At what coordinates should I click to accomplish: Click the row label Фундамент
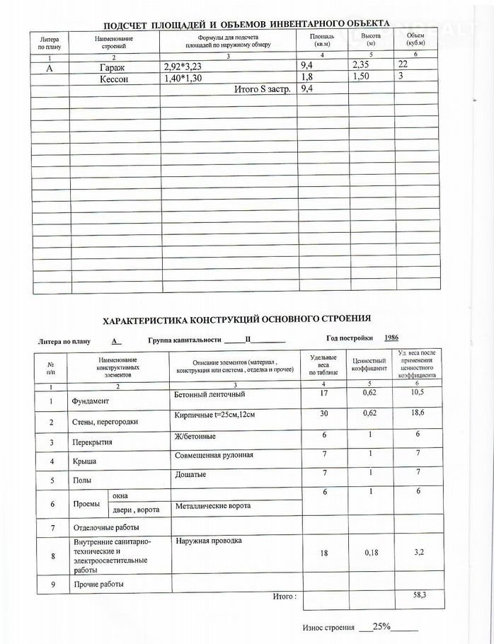(92, 401)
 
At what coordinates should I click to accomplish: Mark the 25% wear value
(382, 628)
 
